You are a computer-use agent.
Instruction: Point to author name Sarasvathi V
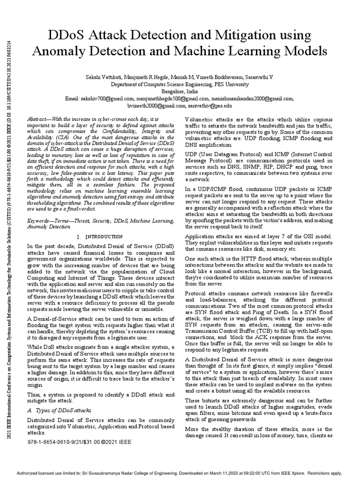[x=273, y=75]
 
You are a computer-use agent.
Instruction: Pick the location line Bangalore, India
[x=180, y=91]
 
